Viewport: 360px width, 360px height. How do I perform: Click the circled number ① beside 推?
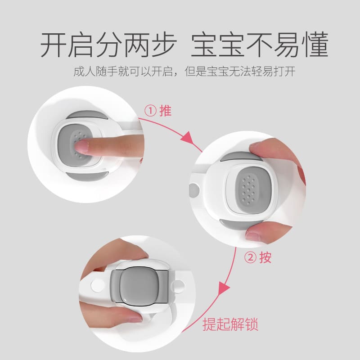(x=151, y=111)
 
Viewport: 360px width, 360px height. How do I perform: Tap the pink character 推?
(x=165, y=111)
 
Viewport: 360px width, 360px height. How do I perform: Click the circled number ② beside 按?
(x=250, y=257)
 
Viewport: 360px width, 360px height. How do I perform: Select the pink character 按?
(x=265, y=257)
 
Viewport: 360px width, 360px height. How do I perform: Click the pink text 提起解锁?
(x=230, y=324)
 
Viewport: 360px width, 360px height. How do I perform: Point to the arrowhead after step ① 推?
(x=188, y=137)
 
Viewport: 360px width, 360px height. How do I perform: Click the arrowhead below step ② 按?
(x=223, y=288)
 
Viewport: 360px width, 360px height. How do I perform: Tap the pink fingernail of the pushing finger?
(x=81, y=147)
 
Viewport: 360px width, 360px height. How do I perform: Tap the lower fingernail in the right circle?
(x=252, y=236)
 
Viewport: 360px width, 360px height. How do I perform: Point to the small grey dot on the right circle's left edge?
(x=194, y=190)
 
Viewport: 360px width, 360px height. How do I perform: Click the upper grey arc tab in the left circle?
(x=87, y=115)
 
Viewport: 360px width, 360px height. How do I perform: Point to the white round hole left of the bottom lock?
(x=97, y=285)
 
